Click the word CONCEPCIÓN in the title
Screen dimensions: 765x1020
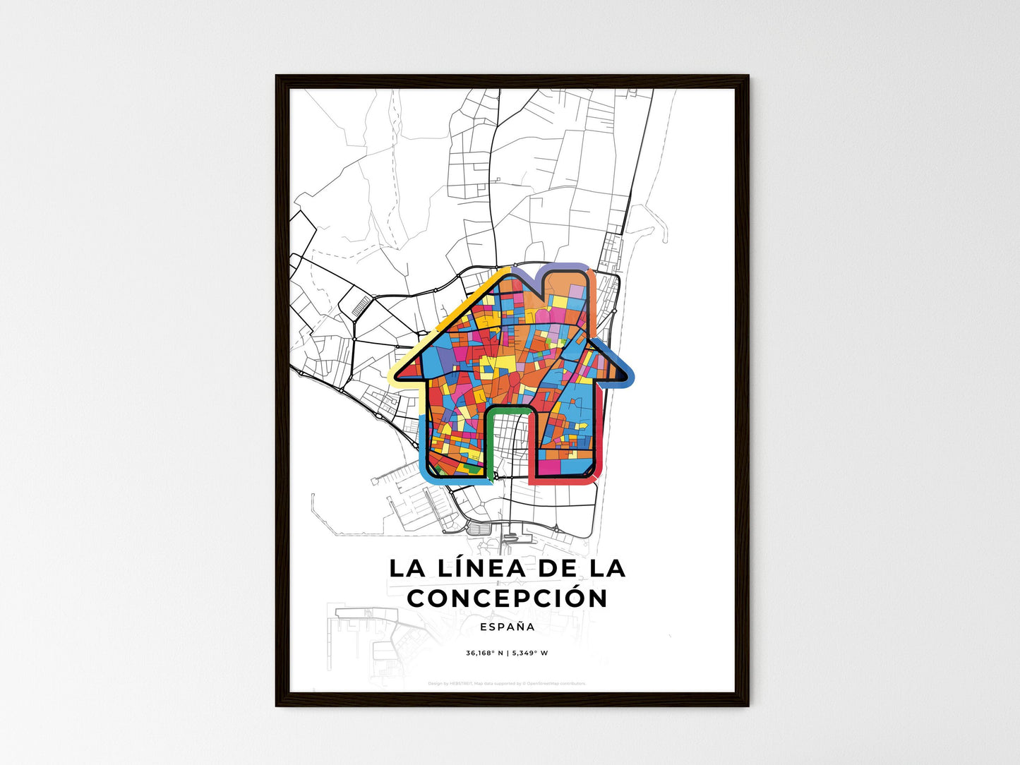[x=508, y=598]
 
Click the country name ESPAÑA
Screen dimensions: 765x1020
[x=507, y=627]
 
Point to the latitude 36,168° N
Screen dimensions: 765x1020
[x=484, y=653]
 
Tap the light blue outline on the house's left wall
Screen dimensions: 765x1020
[x=423, y=445]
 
